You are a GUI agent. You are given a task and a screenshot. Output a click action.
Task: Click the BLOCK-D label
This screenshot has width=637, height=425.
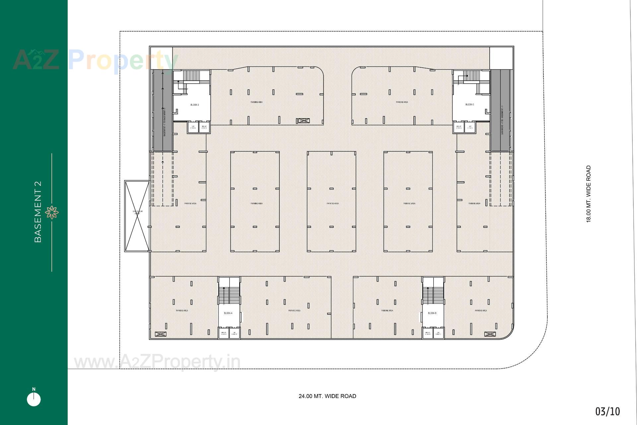195,105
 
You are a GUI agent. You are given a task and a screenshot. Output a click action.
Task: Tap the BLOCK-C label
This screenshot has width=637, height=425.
469,105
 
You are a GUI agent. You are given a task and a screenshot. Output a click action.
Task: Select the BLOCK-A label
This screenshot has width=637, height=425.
228,313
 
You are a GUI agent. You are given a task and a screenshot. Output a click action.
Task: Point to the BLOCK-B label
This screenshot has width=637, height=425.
432,313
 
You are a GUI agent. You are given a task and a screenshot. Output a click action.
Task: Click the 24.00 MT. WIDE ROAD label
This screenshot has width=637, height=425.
327,396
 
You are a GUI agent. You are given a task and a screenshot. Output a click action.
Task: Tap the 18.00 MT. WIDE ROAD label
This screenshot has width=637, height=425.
589,194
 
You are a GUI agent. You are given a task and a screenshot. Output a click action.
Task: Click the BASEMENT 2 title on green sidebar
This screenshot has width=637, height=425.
38,212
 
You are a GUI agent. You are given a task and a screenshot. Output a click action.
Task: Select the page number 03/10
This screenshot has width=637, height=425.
607,412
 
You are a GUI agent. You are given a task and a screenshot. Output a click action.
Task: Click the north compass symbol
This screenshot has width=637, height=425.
34,398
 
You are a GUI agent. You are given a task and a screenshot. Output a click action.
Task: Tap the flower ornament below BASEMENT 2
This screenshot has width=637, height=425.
52,212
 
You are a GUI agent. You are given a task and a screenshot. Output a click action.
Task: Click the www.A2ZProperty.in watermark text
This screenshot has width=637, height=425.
157,362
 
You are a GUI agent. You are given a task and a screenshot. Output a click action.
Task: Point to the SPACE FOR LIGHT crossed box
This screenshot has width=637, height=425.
137,216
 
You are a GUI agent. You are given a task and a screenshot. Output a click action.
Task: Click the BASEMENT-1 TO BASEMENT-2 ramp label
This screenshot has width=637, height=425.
164,121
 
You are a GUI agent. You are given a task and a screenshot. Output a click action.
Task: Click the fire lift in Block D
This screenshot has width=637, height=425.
204,127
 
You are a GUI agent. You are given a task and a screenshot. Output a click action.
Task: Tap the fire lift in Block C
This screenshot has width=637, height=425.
459,127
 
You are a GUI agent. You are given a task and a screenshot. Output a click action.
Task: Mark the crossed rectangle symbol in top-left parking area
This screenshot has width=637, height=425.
303,121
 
